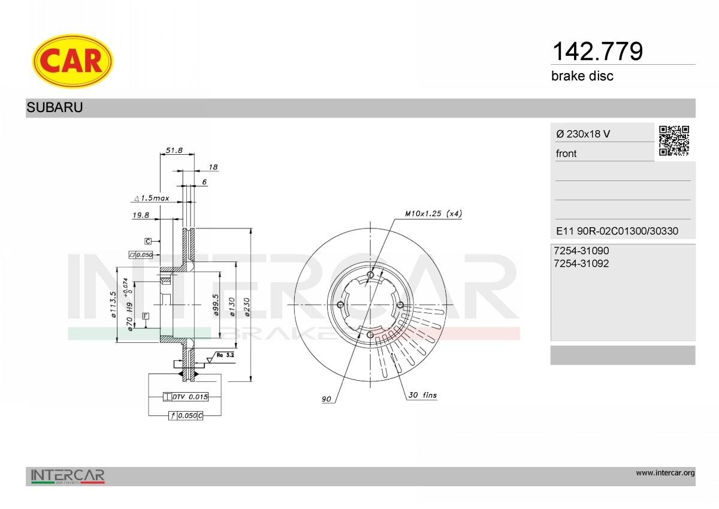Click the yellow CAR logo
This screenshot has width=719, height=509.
[72, 61]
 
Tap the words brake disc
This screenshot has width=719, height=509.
[582, 76]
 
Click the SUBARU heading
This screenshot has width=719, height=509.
[55, 108]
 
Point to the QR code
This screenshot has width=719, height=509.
[674, 141]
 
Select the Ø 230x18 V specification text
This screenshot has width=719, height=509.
[583, 134]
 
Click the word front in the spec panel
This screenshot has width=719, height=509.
[566, 153]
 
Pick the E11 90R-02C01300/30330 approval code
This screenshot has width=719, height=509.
[617, 231]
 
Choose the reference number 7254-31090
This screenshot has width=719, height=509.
[581, 251]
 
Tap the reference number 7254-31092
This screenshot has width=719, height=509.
[581, 263]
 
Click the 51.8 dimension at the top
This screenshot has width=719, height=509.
[174, 150]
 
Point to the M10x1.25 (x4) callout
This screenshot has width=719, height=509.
[433, 213]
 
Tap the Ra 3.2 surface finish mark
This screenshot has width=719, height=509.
[225, 355]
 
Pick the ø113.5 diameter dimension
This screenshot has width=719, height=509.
[113, 306]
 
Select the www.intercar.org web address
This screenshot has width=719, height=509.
[665, 473]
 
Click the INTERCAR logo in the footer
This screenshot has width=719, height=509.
[68, 477]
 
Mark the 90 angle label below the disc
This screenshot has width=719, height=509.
[327, 399]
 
